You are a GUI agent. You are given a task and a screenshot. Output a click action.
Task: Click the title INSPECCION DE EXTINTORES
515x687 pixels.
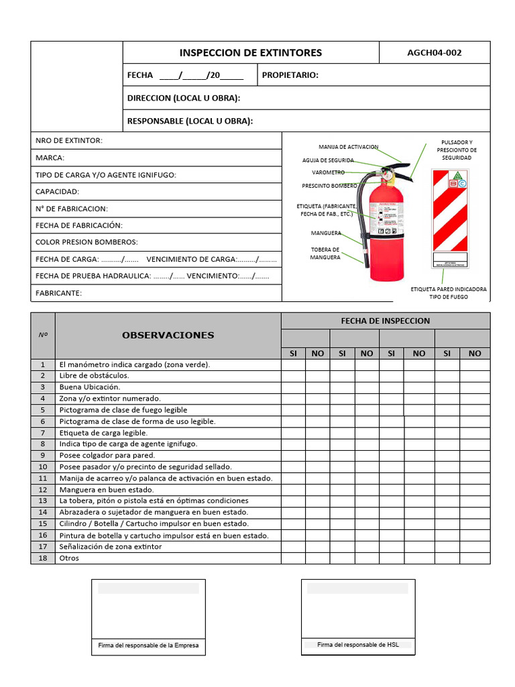point(251,53)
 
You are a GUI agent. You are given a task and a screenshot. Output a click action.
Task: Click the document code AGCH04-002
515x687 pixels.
point(435,53)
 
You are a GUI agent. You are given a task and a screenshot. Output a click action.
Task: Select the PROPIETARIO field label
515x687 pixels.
point(290,75)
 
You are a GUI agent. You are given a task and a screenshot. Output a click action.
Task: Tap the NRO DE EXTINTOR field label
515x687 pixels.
point(68,140)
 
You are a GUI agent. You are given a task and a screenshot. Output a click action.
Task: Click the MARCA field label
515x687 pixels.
point(50,158)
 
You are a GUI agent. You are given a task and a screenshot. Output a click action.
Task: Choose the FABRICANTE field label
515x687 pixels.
point(58,293)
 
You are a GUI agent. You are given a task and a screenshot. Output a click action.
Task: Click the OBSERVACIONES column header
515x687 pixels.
point(168,335)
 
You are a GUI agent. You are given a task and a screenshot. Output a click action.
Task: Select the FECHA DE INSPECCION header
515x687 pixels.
point(385,321)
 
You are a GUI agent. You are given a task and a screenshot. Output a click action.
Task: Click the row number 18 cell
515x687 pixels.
point(43,558)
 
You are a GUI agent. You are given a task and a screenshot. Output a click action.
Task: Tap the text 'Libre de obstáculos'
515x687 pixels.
point(94,376)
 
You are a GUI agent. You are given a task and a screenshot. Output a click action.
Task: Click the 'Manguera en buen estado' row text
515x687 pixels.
point(106,489)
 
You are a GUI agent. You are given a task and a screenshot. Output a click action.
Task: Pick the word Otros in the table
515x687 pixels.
point(69,558)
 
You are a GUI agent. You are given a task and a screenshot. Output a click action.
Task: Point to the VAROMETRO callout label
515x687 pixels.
point(328,172)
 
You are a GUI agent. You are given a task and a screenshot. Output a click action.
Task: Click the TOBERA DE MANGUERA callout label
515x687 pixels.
point(325,253)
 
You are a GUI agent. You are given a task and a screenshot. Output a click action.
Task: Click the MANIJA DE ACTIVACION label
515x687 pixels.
point(348,147)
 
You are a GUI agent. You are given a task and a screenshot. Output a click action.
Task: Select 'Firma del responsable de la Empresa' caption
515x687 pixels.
point(148,645)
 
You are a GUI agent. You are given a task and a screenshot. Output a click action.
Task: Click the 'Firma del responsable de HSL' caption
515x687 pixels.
point(357,645)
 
